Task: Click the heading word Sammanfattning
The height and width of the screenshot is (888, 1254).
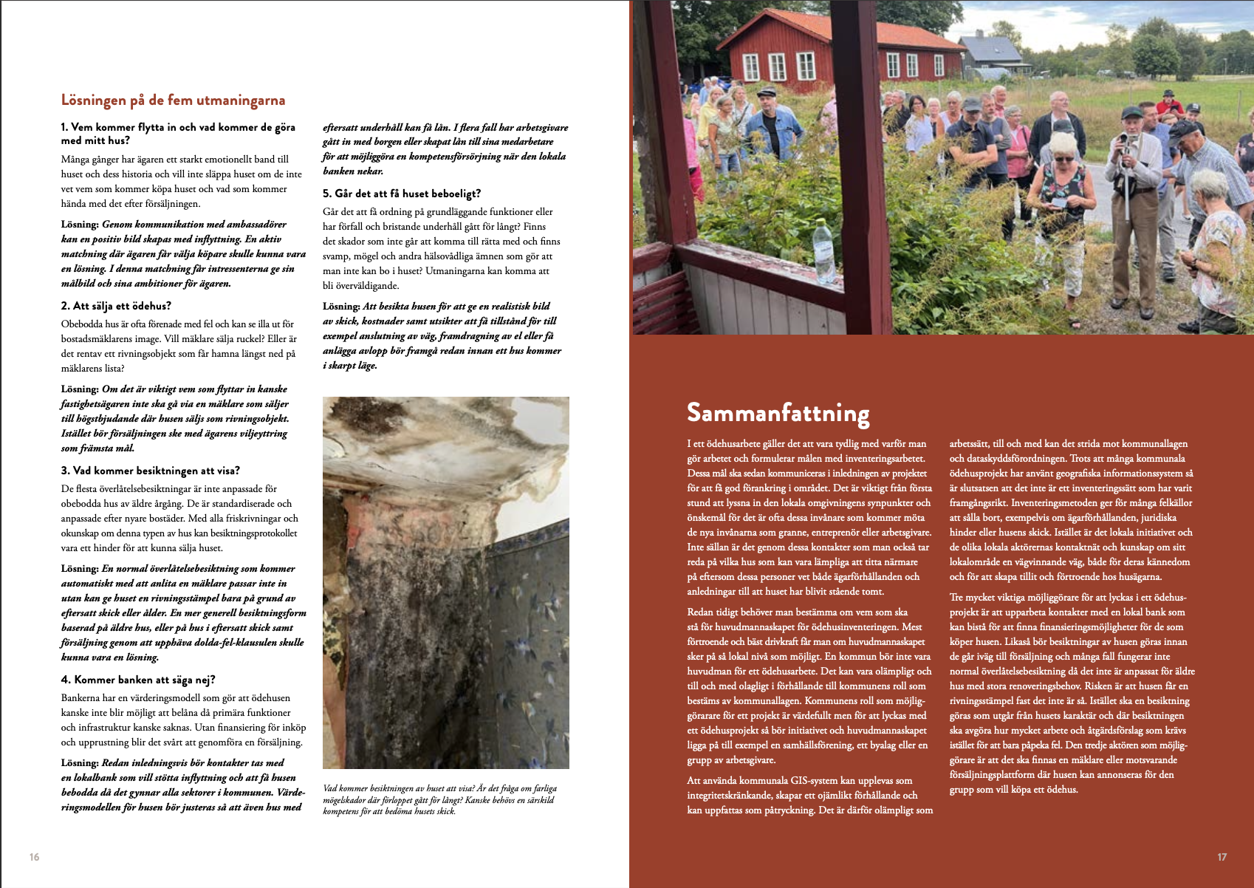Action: pyautogui.click(x=778, y=412)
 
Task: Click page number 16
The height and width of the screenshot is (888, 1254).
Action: pyautogui.click(x=34, y=857)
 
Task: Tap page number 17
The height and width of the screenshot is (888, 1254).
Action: pyautogui.click(x=1222, y=857)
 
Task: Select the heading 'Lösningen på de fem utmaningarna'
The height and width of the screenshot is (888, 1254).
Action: pyautogui.click(x=173, y=100)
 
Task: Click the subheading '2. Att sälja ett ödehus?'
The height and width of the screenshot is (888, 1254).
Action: pyautogui.click(x=116, y=306)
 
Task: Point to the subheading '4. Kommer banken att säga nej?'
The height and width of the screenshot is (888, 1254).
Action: pyautogui.click(x=138, y=680)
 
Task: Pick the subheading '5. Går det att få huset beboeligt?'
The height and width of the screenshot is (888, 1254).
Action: pyautogui.click(x=402, y=194)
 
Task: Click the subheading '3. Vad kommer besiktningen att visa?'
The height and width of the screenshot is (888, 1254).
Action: pyautogui.click(x=150, y=471)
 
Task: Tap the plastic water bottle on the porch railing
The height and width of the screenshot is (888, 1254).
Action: pyautogui.click(x=823, y=240)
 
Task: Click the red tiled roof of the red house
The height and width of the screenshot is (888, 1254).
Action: pyautogui.click(x=827, y=30)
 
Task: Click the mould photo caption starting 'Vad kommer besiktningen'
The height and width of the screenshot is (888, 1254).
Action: pyautogui.click(x=440, y=799)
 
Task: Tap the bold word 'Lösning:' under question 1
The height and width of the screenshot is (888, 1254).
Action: pyautogui.click(x=80, y=225)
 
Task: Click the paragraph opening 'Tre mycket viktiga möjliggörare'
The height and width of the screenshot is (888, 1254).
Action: pyautogui.click(x=1071, y=693)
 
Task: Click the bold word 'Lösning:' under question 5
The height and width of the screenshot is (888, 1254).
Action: pyautogui.click(x=341, y=307)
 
